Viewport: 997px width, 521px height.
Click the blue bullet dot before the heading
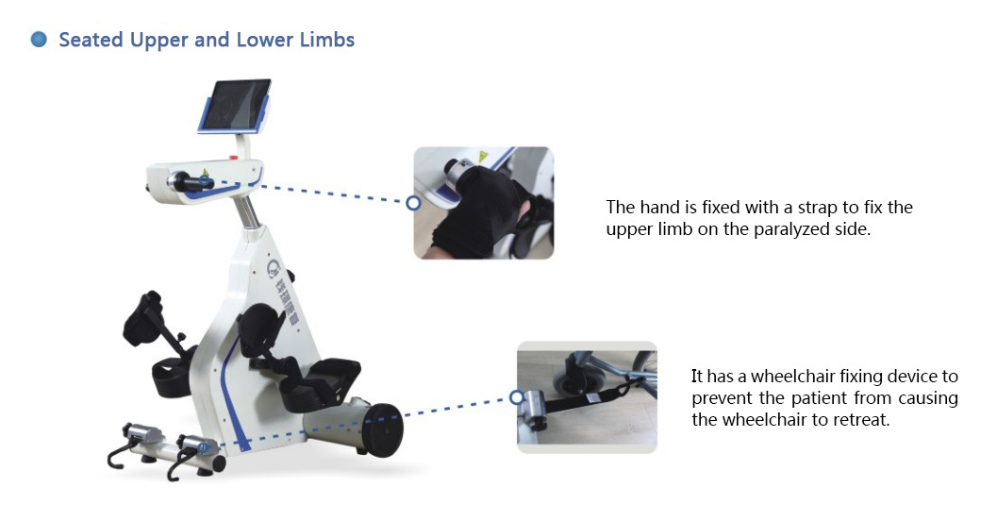point(39,40)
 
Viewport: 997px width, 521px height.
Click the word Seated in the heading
point(91,40)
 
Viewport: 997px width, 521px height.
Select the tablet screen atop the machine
point(235,106)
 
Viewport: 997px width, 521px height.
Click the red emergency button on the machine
point(233,157)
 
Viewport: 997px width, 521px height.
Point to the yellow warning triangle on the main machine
point(206,172)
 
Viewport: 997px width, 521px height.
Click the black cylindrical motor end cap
point(383,429)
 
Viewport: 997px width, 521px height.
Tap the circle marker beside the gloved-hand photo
point(413,203)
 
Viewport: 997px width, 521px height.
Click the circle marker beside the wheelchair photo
point(517,398)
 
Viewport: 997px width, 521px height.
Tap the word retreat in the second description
point(861,420)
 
